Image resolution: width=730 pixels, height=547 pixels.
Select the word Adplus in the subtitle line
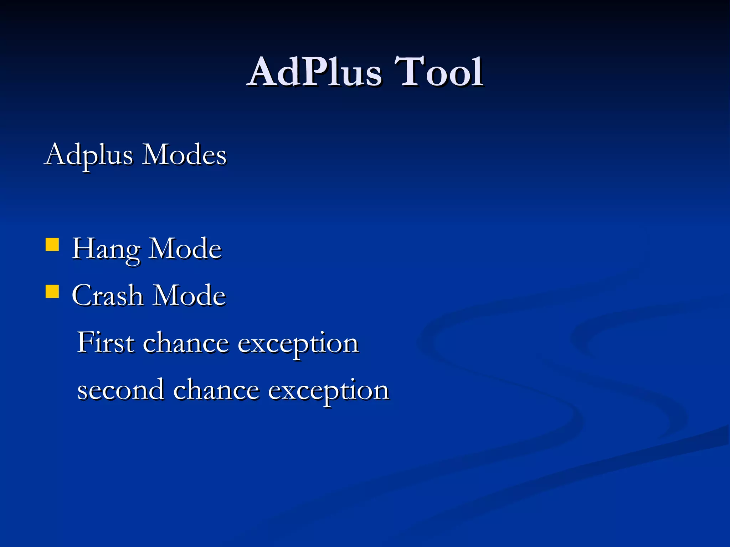pyautogui.click(x=89, y=155)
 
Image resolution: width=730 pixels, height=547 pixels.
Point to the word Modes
pyautogui.click(x=184, y=155)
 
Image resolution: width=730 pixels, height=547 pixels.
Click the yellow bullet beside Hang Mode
pyautogui.click(x=52, y=245)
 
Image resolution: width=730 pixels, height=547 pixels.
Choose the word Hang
pyautogui.click(x=106, y=249)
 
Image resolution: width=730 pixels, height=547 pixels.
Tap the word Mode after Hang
pyautogui.click(x=185, y=249)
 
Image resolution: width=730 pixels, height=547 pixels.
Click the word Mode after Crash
pyautogui.click(x=190, y=296)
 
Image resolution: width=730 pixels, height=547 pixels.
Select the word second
pyautogui.click(x=121, y=390)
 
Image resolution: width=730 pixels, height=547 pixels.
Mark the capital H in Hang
pyautogui.click(x=83, y=248)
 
